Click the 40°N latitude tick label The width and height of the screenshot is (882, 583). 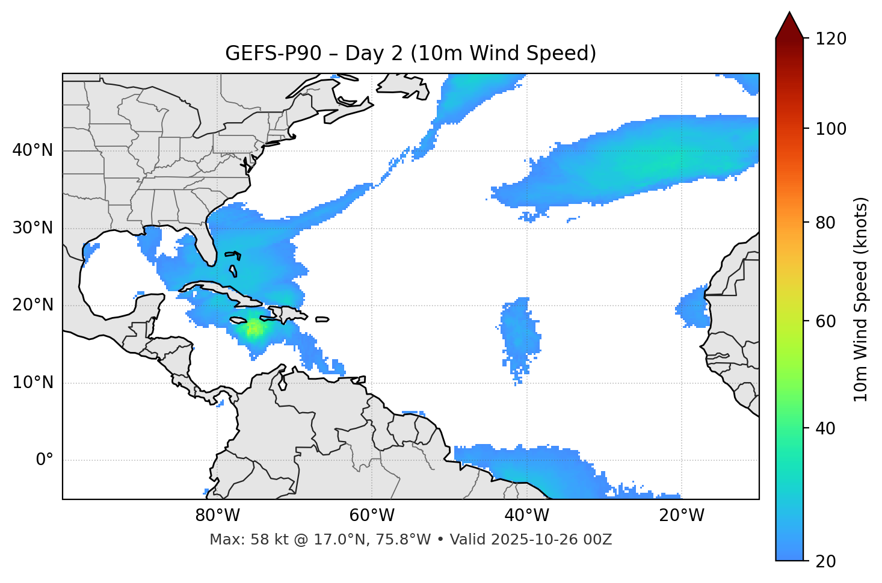click(x=32, y=150)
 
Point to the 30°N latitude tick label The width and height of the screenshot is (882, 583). click(x=32, y=228)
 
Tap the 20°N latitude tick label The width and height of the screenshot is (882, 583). click(x=32, y=305)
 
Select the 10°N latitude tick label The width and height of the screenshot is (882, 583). click(x=32, y=383)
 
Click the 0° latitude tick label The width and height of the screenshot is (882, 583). click(x=45, y=460)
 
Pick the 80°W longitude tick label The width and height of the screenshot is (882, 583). click(x=217, y=516)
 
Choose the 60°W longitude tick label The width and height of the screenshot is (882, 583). click(x=372, y=516)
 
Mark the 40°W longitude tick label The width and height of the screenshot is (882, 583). click(x=526, y=516)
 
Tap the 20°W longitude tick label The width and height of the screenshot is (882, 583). click(x=681, y=516)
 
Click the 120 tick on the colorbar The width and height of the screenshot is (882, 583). click(x=831, y=39)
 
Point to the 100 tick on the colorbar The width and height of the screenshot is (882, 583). click(x=831, y=129)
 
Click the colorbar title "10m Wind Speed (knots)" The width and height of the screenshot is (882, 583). click(x=861, y=299)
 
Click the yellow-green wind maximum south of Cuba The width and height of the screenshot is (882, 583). click(x=253, y=329)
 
